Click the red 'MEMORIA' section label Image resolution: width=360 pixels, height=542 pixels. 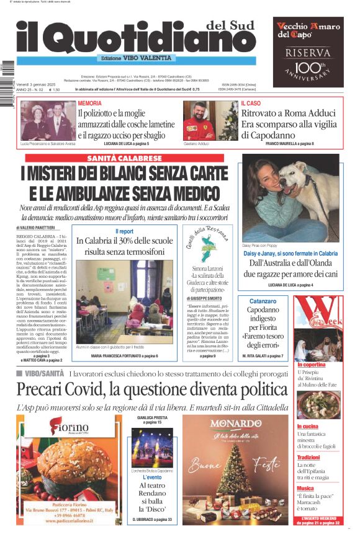tap(90, 103)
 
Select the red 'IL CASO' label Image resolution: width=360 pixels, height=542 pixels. tap(251, 103)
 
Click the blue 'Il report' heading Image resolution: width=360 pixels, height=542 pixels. tap(124, 231)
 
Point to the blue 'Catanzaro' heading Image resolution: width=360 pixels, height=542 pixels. tap(263, 301)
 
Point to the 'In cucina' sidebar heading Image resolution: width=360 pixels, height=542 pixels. tap(308, 427)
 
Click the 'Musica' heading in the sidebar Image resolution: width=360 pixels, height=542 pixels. tap(305, 488)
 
